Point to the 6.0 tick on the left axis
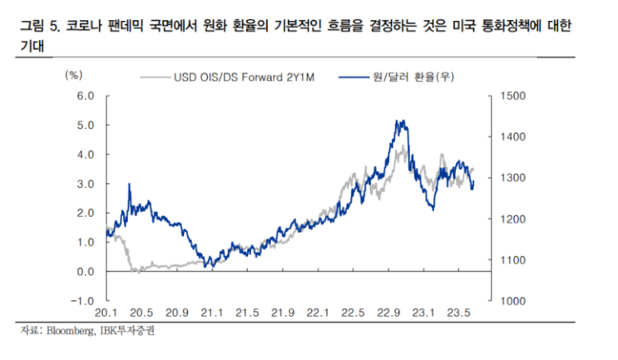[x=87, y=96]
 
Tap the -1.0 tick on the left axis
[x=86, y=301]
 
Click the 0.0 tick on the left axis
[x=87, y=272]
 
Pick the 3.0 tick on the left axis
[x=87, y=184]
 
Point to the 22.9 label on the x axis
[x=386, y=313]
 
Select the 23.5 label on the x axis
[x=457, y=313]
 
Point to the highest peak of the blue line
[x=401, y=121]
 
